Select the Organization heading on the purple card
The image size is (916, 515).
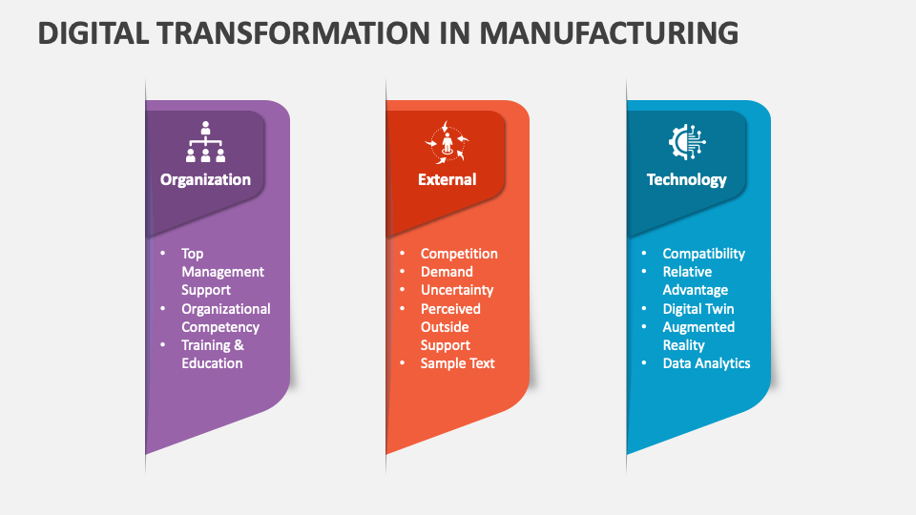[x=205, y=179]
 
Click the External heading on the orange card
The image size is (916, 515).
[x=447, y=179]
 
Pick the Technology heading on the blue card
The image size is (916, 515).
[x=686, y=179]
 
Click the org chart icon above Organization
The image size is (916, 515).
[x=205, y=142]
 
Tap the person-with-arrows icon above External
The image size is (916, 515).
[x=447, y=143]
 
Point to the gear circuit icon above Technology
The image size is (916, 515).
[x=687, y=142]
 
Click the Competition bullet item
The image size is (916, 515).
[x=459, y=254]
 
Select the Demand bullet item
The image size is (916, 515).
[x=447, y=272]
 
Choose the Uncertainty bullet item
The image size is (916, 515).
[x=457, y=290]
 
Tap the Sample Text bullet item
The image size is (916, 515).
[x=458, y=363]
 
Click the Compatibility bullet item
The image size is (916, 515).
[x=704, y=254]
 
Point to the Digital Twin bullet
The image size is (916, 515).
[x=698, y=309]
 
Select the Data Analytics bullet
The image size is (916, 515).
[x=707, y=363]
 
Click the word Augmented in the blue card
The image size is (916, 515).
[x=698, y=327]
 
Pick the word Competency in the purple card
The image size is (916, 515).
[x=220, y=327]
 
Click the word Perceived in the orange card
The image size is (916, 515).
[x=450, y=309]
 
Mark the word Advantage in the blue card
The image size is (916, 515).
[x=696, y=290]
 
